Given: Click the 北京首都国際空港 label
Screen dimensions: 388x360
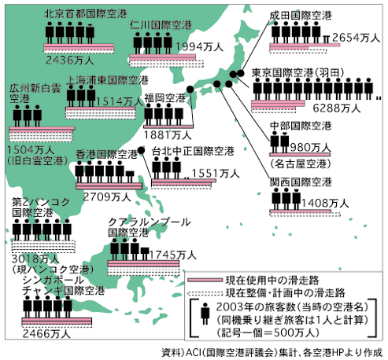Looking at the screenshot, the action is pyautogui.click(x=86, y=13).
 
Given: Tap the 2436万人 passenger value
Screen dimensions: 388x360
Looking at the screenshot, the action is pyautogui.click(x=70, y=61).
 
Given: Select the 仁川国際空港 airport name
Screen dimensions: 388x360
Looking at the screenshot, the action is pyautogui.click(x=161, y=25).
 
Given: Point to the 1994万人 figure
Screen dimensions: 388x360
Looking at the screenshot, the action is pyautogui.click(x=199, y=47).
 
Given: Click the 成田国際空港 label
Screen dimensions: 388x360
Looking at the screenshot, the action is pyautogui.click(x=301, y=16).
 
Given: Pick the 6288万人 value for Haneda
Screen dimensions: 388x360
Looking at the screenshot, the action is pyautogui.click(x=337, y=108).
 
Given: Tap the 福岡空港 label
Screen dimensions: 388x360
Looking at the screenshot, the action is pyautogui.click(x=165, y=98).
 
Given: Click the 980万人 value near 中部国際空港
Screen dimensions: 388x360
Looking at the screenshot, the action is pyautogui.click(x=310, y=148).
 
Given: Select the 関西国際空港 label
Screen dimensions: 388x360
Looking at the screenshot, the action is pyautogui.click(x=301, y=182).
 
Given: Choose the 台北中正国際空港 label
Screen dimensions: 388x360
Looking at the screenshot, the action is pyautogui.click(x=193, y=151).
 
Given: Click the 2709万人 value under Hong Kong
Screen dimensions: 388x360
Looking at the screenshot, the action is pyautogui.click(x=107, y=197).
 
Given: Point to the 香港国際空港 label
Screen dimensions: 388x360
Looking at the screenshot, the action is pyautogui.click(x=107, y=154).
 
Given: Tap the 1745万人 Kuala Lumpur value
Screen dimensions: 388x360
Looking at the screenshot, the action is pyautogui.click(x=173, y=255).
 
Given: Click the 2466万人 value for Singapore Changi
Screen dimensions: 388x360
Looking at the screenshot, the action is pyautogui.click(x=46, y=334).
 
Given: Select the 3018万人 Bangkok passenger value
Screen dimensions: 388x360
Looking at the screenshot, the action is pyautogui.click(x=35, y=259).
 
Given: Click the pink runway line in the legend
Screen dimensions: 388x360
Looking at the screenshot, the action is pyautogui.click(x=205, y=281).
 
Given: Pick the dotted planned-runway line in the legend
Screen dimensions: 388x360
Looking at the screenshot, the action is pyautogui.click(x=205, y=293).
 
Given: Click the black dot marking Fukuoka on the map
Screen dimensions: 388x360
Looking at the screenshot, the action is pyautogui.click(x=190, y=90).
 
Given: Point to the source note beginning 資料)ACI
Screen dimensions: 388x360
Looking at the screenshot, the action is pyautogui.click(x=272, y=352).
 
